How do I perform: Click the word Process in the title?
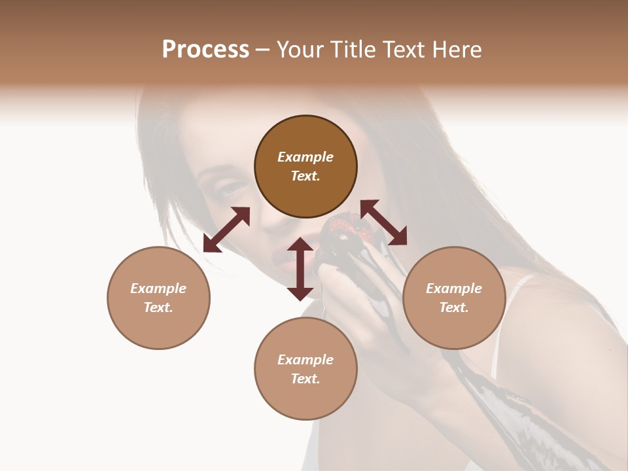(205, 50)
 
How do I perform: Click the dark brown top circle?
(305, 167)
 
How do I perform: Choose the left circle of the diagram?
(158, 298)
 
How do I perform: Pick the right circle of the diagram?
(454, 298)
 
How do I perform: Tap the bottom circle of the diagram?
(305, 368)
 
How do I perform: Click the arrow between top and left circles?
(226, 230)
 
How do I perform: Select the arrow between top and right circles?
(383, 222)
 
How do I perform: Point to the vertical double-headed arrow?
(300, 269)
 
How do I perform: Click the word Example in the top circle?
(305, 157)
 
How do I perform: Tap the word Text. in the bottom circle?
(305, 379)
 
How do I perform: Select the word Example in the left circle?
(158, 288)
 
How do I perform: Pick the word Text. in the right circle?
(454, 307)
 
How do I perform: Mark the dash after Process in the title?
(263, 50)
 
